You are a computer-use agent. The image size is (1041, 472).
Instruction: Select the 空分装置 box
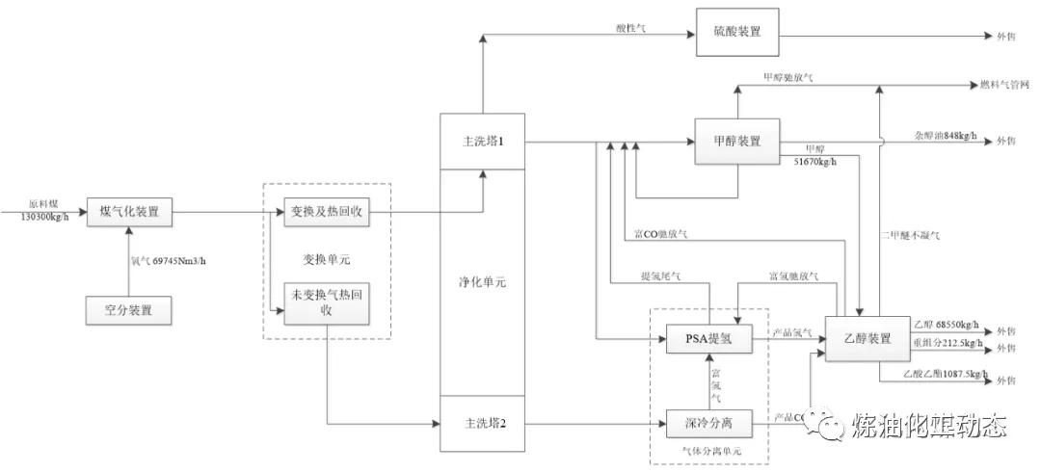pyautogui.click(x=130, y=310)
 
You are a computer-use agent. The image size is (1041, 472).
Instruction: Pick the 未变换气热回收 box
pyautogui.click(x=324, y=303)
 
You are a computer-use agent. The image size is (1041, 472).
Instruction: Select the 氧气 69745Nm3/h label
pyautogui.click(x=172, y=258)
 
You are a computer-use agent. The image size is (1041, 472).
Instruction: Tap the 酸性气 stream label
pyautogui.click(x=632, y=29)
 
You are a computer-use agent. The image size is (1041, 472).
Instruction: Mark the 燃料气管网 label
pyautogui.click(x=1003, y=85)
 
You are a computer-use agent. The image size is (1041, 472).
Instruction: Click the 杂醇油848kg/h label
pyautogui.click(x=945, y=136)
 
